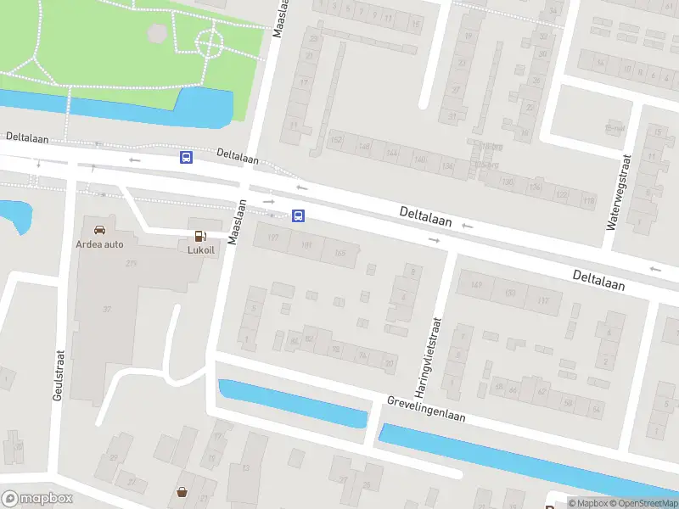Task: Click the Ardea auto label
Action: point(101,244)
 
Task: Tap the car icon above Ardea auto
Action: point(100,230)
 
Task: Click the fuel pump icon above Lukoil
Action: point(200,237)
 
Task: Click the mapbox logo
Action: point(36,499)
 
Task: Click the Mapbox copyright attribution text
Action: point(589,503)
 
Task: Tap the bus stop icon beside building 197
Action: point(299,215)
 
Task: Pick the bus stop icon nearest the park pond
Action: point(186,157)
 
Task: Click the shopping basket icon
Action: point(182,491)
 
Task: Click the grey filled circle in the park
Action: point(157,33)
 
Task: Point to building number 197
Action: point(272,238)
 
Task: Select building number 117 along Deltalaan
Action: point(543,299)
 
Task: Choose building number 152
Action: point(336,140)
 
